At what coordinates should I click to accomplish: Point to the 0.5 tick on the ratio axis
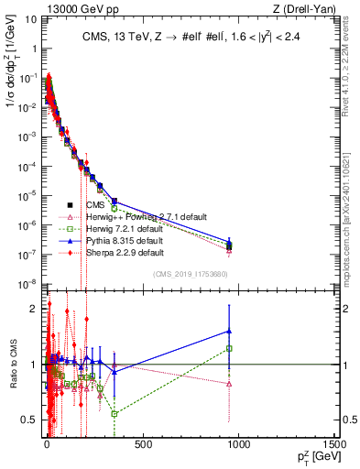pos(32,420)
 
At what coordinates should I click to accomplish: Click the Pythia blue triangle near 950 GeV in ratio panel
pos(229,331)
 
